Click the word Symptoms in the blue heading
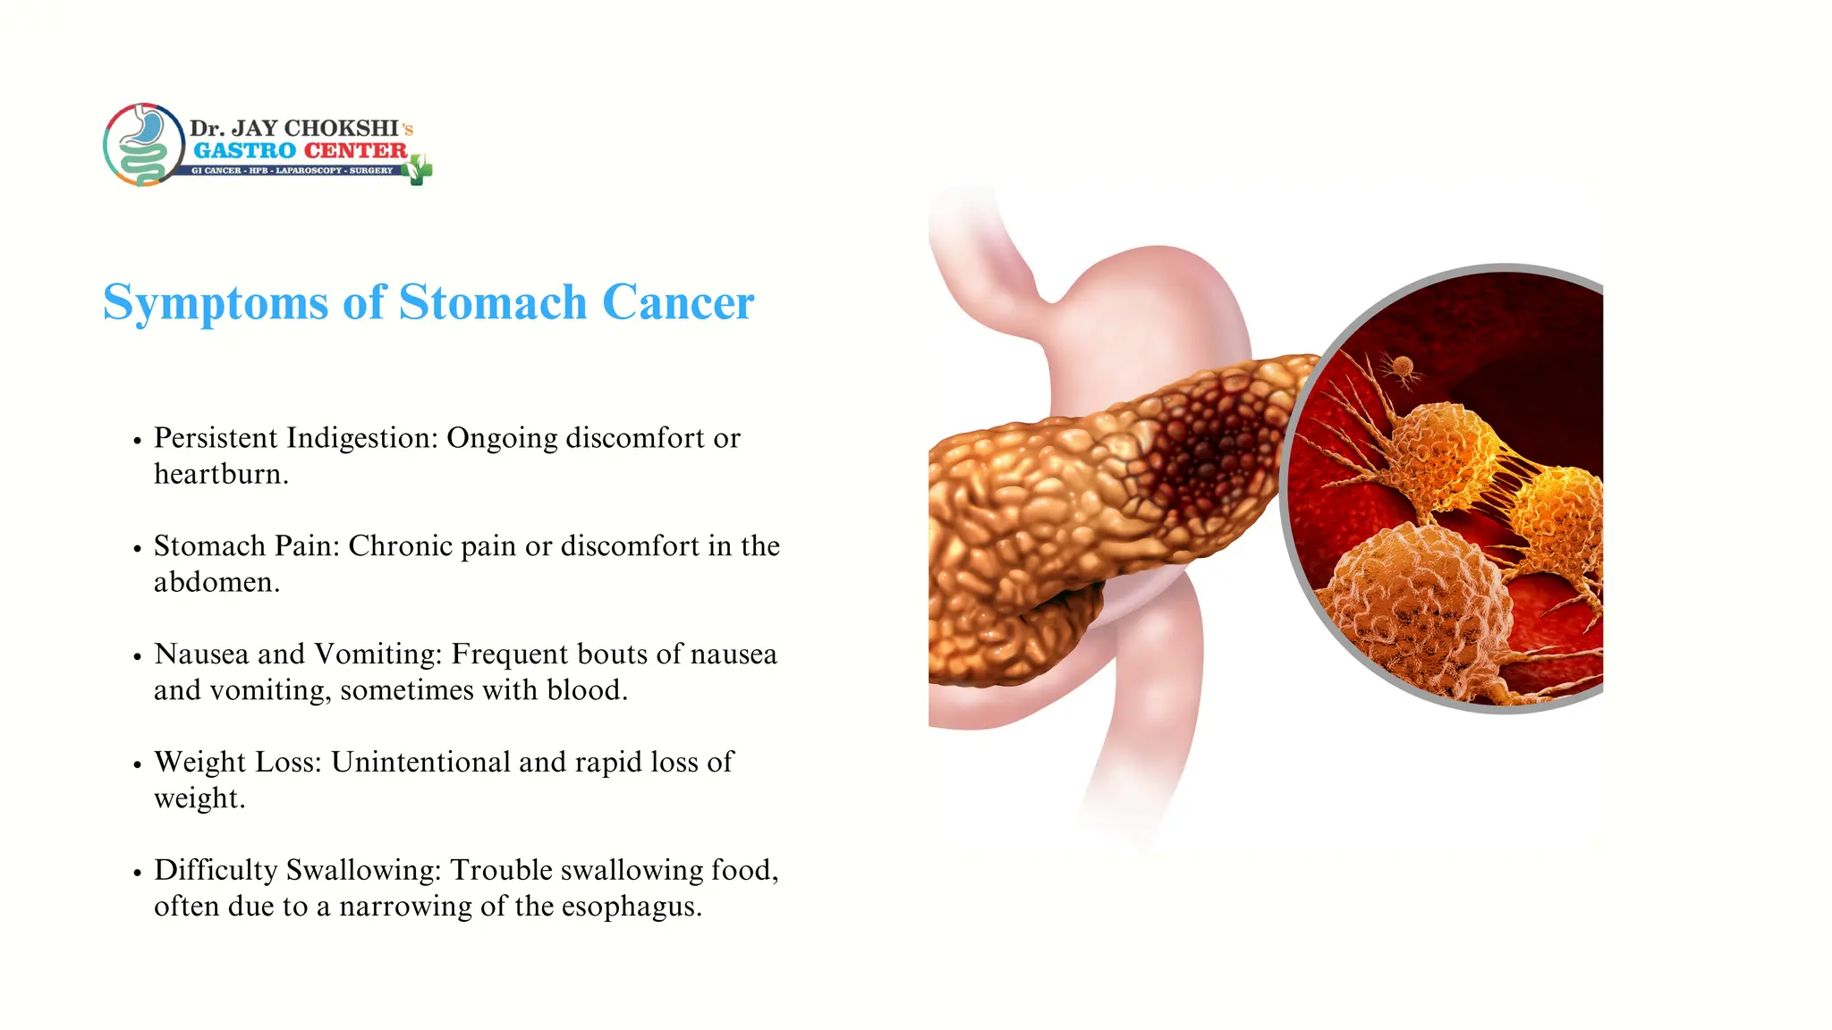[x=216, y=303]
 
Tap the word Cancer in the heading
[x=677, y=303]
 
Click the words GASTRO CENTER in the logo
[x=300, y=150]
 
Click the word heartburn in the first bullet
[x=219, y=474]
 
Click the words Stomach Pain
[x=246, y=546]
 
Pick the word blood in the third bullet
[x=584, y=690]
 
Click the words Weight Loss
[x=236, y=762]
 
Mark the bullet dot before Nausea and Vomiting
[x=137, y=656]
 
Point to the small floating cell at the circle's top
[x=1402, y=367]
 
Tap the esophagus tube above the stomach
[x=984, y=259]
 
